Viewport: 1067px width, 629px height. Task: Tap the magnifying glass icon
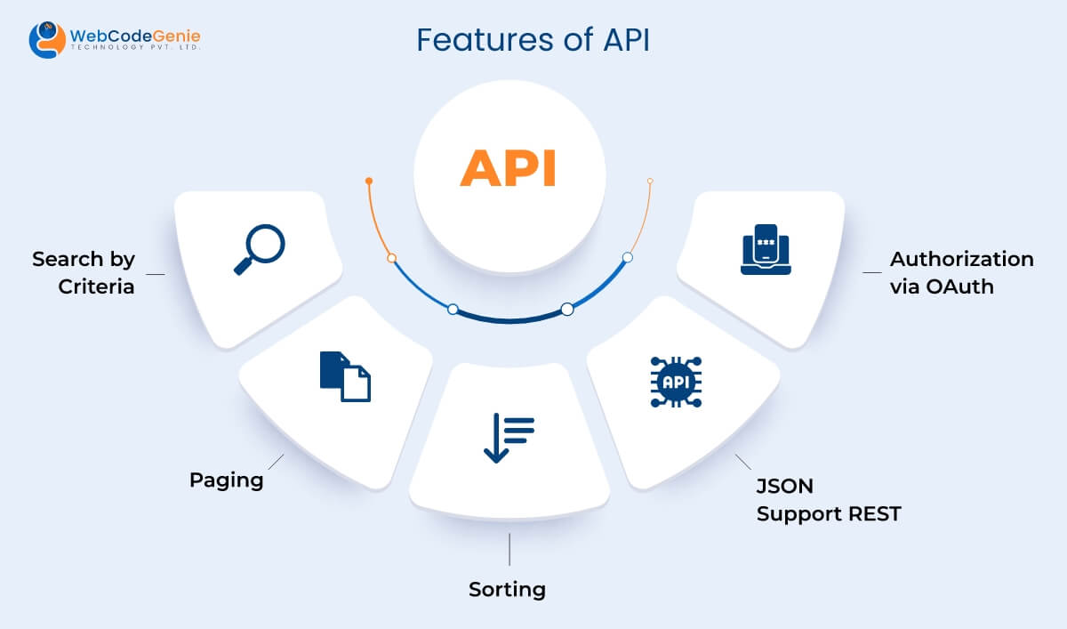[x=259, y=248]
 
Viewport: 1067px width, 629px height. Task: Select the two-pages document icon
[x=345, y=376]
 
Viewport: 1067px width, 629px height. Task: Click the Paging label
[x=227, y=480]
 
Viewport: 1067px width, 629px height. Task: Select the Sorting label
[x=507, y=589]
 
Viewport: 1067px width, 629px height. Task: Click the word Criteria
[x=96, y=286]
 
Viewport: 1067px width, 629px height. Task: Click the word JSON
[x=784, y=486]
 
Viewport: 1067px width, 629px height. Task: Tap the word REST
[x=872, y=513]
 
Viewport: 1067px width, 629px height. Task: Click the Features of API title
[x=533, y=41]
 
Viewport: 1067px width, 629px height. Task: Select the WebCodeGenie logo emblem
[x=46, y=40]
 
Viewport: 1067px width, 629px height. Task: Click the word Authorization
[x=961, y=259]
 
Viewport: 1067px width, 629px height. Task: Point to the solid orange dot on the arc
[x=369, y=181]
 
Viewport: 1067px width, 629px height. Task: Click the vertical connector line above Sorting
[x=509, y=549]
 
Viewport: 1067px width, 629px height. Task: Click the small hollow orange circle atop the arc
[x=650, y=181]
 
